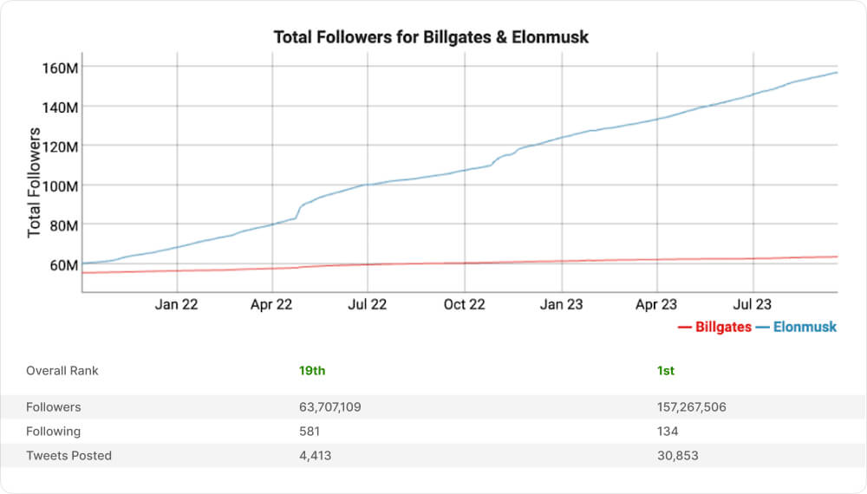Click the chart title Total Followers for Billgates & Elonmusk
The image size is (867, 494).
pos(431,37)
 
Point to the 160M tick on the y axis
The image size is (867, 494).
pos(60,68)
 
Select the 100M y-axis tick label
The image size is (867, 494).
pos(60,185)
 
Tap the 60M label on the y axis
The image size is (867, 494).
pos(62,264)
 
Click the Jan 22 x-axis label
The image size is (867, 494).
pos(177,304)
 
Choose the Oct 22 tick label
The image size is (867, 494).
pos(464,304)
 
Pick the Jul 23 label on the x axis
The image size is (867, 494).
pos(753,304)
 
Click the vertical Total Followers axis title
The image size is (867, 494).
pos(35,182)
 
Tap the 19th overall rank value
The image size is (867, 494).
pos(312,371)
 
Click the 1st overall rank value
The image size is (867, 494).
pos(666,371)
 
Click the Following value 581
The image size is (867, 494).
pos(310,431)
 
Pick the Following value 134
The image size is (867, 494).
pos(668,431)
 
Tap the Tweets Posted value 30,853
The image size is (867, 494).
pos(678,455)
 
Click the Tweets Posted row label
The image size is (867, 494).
pos(68,455)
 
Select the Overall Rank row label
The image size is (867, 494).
pos(62,371)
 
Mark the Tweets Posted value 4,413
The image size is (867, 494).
pos(315,455)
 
